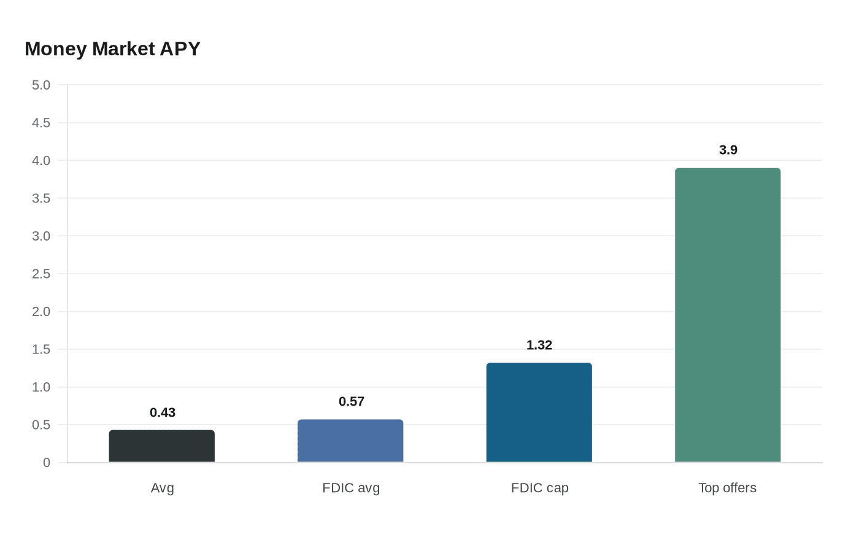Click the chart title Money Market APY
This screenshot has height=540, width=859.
(x=112, y=48)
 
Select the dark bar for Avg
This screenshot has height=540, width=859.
(x=162, y=446)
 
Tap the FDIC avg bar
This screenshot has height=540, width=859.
(x=350, y=441)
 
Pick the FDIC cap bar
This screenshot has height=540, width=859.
(x=539, y=412)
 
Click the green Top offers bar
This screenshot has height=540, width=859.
(x=728, y=315)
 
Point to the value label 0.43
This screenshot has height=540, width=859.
(x=163, y=412)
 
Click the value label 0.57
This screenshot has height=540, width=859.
(x=352, y=401)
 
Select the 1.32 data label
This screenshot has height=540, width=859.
(x=539, y=345)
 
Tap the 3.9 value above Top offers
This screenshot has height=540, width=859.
(x=728, y=150)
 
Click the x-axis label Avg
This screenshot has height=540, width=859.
(x=163, y=488)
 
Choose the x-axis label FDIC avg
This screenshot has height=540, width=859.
(x=351, y=488)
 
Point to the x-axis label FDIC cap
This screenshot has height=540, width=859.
(x=540, y=488)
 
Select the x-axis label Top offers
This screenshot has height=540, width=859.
(x=727, y=488)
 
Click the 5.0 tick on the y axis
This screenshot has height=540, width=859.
(x=41, y=85)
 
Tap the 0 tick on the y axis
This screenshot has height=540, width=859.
(x=47, y=463)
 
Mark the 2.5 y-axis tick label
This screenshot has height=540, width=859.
(x=41, y=274)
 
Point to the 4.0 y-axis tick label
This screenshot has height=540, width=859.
(x=41, y=160)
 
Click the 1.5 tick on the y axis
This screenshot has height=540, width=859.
(x=41, y=349)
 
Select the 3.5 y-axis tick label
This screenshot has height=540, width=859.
(x=41, y=198)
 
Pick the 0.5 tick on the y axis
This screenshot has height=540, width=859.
(x=41, y=425)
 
